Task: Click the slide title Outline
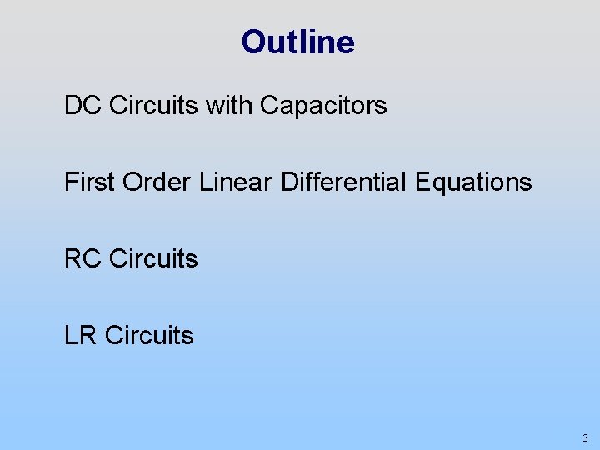(x=297, y=42)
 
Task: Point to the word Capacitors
(x=323, y=106)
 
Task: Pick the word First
(x=89, y=182)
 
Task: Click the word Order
(x=157, y=182)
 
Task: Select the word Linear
(x=236, y=182)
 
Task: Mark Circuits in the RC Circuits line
(x=153, y=259)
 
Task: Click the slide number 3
(x=585, y=438)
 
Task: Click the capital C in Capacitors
(x=268, y=106)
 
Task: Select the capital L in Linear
(x=205, y=182)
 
